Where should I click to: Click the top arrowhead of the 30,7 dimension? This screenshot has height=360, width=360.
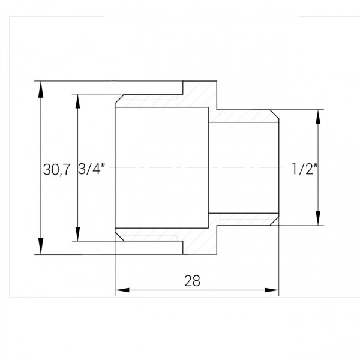pos(41,88)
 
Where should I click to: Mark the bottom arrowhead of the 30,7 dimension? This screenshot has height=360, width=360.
pos(41,247)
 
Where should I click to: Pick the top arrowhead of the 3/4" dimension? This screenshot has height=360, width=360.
pos(77,100)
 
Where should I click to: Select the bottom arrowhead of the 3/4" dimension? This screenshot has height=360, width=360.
pos(77,235)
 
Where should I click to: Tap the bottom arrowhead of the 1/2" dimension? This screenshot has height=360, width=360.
pos(317,218)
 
